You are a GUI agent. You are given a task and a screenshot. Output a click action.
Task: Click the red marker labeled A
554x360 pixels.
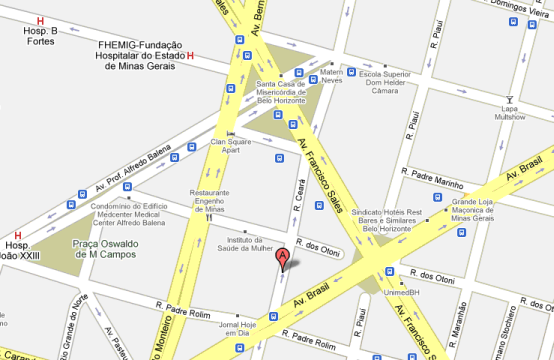click(x=282, y=259)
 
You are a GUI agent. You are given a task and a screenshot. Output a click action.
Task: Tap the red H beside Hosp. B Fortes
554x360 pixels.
click(x=40, y=21)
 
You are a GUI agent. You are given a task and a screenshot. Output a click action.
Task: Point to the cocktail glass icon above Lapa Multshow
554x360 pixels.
click(x=511, y=100)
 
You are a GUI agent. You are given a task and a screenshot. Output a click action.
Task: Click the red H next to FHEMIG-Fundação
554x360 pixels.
click(x=190, y=56)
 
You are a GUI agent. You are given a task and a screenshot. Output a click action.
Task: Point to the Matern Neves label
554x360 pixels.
click(x=331, y=76)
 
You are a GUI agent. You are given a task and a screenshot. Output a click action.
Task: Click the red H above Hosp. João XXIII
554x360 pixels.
click(x=18, y=233)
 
